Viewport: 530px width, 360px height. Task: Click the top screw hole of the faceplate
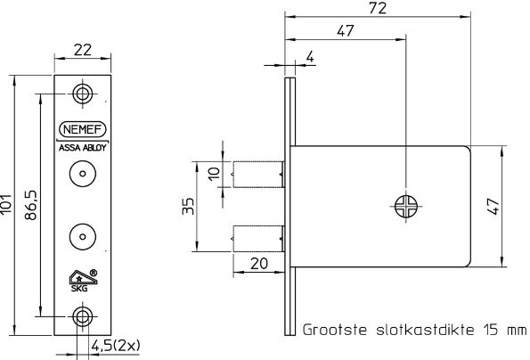[82, 93]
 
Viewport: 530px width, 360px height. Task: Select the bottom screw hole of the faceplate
[82, 315]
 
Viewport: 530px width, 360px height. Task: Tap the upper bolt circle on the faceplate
[82, 176]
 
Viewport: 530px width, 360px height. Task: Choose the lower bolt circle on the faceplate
[82, 236]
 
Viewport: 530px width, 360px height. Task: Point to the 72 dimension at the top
[378, 7]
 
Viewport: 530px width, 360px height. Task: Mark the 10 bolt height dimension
[212, 173]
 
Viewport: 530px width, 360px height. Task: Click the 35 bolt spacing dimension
[183, 207]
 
